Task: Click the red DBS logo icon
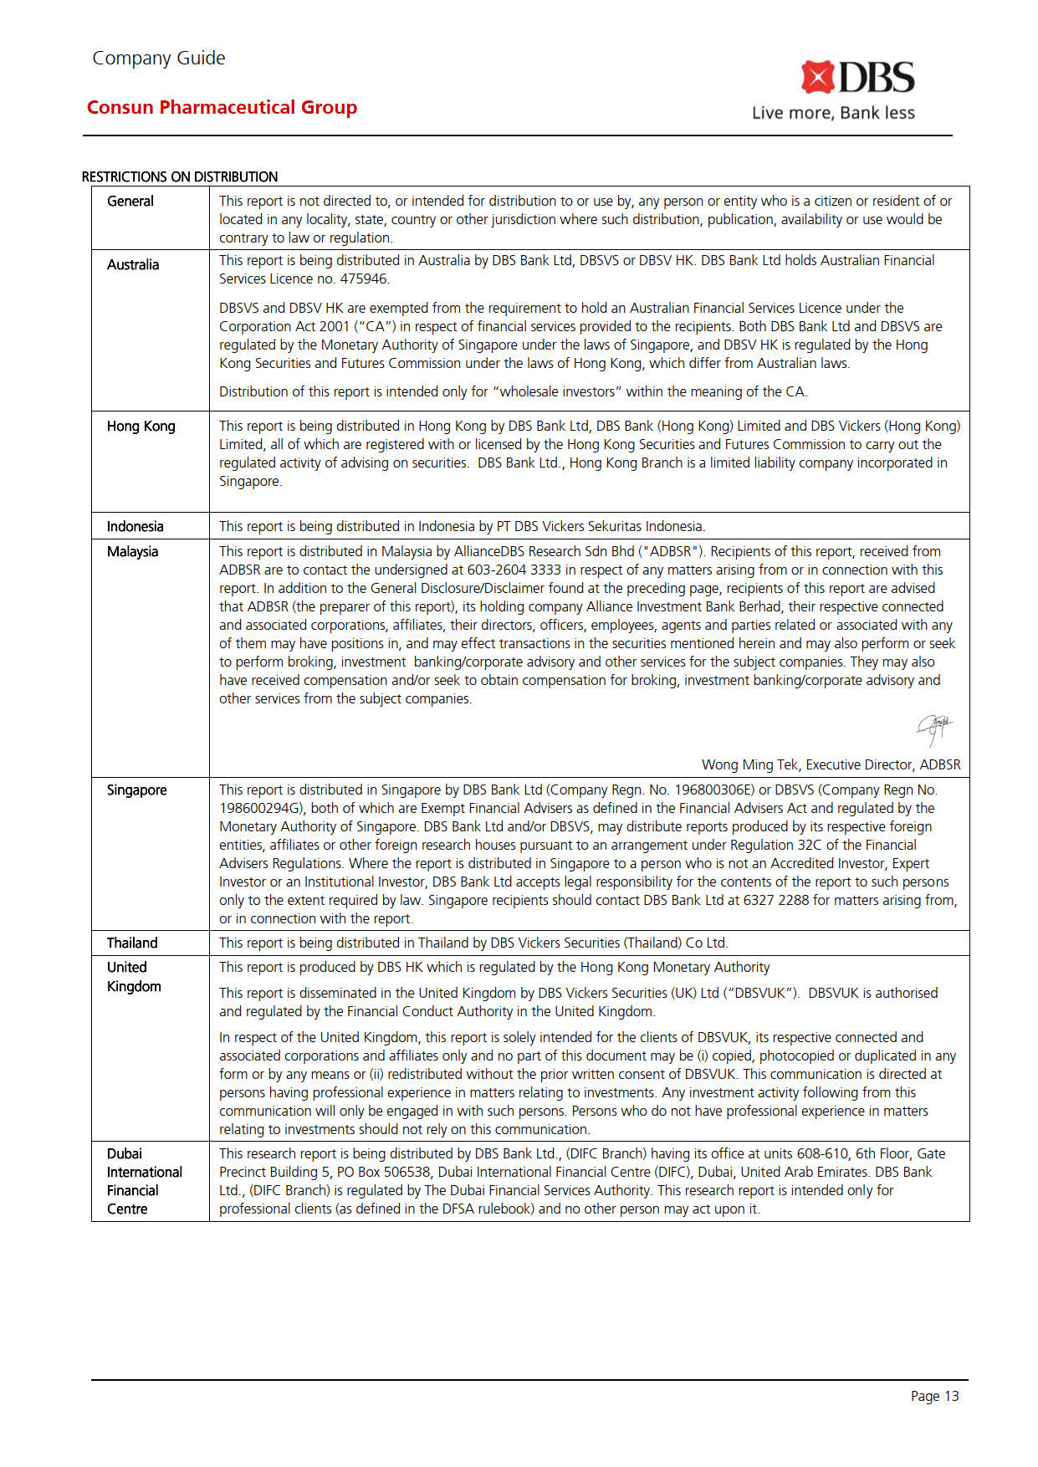click(x=817, y=77)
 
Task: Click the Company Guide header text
click(x=158, y=58)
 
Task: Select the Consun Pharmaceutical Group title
click(x=222, y=107)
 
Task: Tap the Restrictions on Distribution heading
click(x=180, y=176)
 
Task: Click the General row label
click(x=130, y=201)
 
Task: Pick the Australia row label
click(x=133, y=264)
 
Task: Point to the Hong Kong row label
click(x=141, y=426)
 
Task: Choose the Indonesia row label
click(x=135, y=526)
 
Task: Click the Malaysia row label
click(x=132, y=551)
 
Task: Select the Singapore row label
click(x=136, y=790)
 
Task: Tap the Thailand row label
click(x=132, y=943)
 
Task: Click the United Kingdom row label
click(x=134, y=977)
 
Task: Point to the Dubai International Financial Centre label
click(x=144, y=1181)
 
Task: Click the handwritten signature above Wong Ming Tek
click(x=933, y=728)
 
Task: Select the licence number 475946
click(x=364, y=279)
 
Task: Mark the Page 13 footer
click(x=934, y=1396)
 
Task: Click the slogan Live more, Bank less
click(x=833, y=113)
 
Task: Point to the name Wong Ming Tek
click(x=749, y=764)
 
